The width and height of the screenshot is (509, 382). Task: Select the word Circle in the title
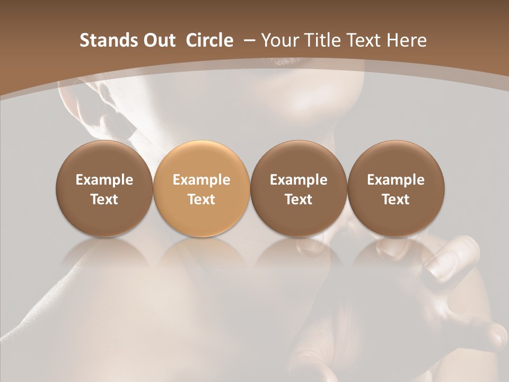click(x=209, y=41)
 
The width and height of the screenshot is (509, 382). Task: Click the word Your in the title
click(x=278, y=41)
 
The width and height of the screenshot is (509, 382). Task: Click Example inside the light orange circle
click(x=201, y=180)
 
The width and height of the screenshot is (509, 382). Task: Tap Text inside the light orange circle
click(x=201, y=199)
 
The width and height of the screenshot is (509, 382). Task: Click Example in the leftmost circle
click(x=104, y=180)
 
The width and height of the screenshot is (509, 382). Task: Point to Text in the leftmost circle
click(x=104, y=199)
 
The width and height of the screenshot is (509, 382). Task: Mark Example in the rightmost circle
click(x=396, y=180)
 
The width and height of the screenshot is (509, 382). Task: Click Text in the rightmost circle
click(x=396, y=199)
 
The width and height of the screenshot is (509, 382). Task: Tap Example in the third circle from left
click(x=299, y=180)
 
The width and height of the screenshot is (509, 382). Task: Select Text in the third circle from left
click(x=299, y=199)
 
